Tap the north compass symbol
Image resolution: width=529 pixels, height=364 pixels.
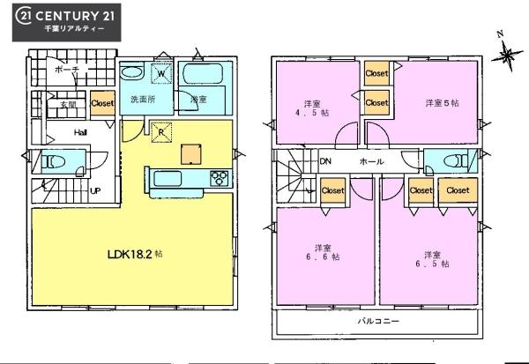pyautogui.click(x=506, y=55)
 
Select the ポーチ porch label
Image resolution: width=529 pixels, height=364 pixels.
pyautogui.click(x=66, y=68)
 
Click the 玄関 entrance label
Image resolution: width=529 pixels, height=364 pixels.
pyautogui.click(x=67, y=104)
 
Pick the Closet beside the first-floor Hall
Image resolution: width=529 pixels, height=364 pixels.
pyautogui.click(x=102, y=103)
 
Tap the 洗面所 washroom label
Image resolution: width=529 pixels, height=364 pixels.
pyautogui.click(x=143, y=99)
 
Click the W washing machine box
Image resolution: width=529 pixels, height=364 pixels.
pyautogui.click(x=162, y=74)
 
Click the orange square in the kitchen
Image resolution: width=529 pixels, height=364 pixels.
pyautogui.click(x=191, y=153)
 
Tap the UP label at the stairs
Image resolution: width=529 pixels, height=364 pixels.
pyautogui.click(x=93, y=189)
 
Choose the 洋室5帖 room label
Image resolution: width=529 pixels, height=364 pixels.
pyautogui.click(x=442, y=103)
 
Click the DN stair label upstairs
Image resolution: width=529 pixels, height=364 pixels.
pyautogui.click(x=324, y=161)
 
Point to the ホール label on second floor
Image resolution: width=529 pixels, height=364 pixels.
pyautogui.click(x=370, y=162)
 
